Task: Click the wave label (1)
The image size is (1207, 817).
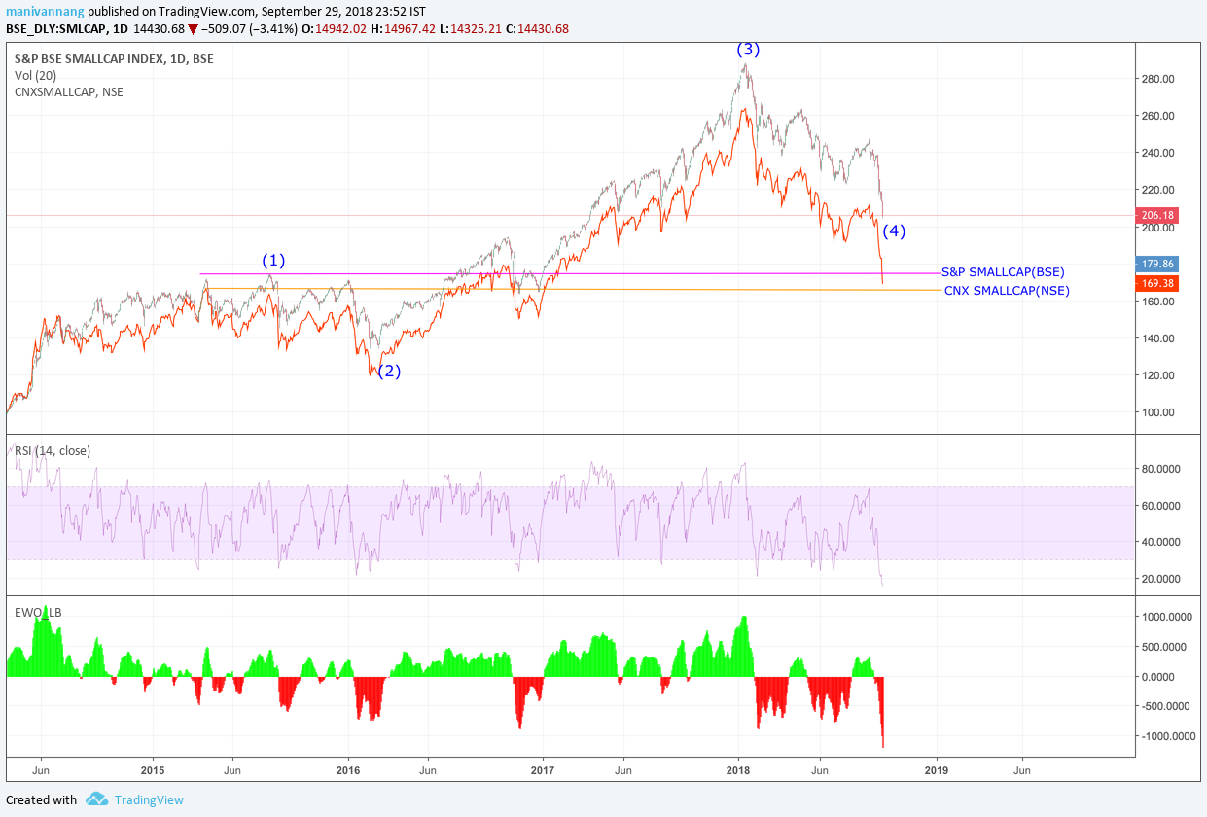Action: tap(273, 261)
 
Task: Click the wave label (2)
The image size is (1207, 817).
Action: tap(389, 371)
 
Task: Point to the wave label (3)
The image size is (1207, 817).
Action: tap(747, 49)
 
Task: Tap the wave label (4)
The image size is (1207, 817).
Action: tap(894, 231)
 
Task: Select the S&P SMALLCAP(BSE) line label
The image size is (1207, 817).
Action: tap(1003, 272)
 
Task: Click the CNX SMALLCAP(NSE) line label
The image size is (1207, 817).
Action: tap(1007, 291)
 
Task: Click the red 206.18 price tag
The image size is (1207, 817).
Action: tap(1157, 216)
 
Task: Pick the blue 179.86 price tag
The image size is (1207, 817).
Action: tap(1157, 264)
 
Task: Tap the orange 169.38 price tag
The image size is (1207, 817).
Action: tap(1157, 283)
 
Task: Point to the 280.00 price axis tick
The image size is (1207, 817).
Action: tap(1163, 79)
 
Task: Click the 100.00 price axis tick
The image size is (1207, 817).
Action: tap(1163, 412)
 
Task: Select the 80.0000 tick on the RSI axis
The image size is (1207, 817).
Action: tap(1167, 469)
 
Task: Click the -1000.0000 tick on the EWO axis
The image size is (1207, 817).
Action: tap(1167, 736)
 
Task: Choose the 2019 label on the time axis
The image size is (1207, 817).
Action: tap(937, 770)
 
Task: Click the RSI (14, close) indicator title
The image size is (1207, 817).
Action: tap(53, 450)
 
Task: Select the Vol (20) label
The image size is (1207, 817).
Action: tap(36, 76)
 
